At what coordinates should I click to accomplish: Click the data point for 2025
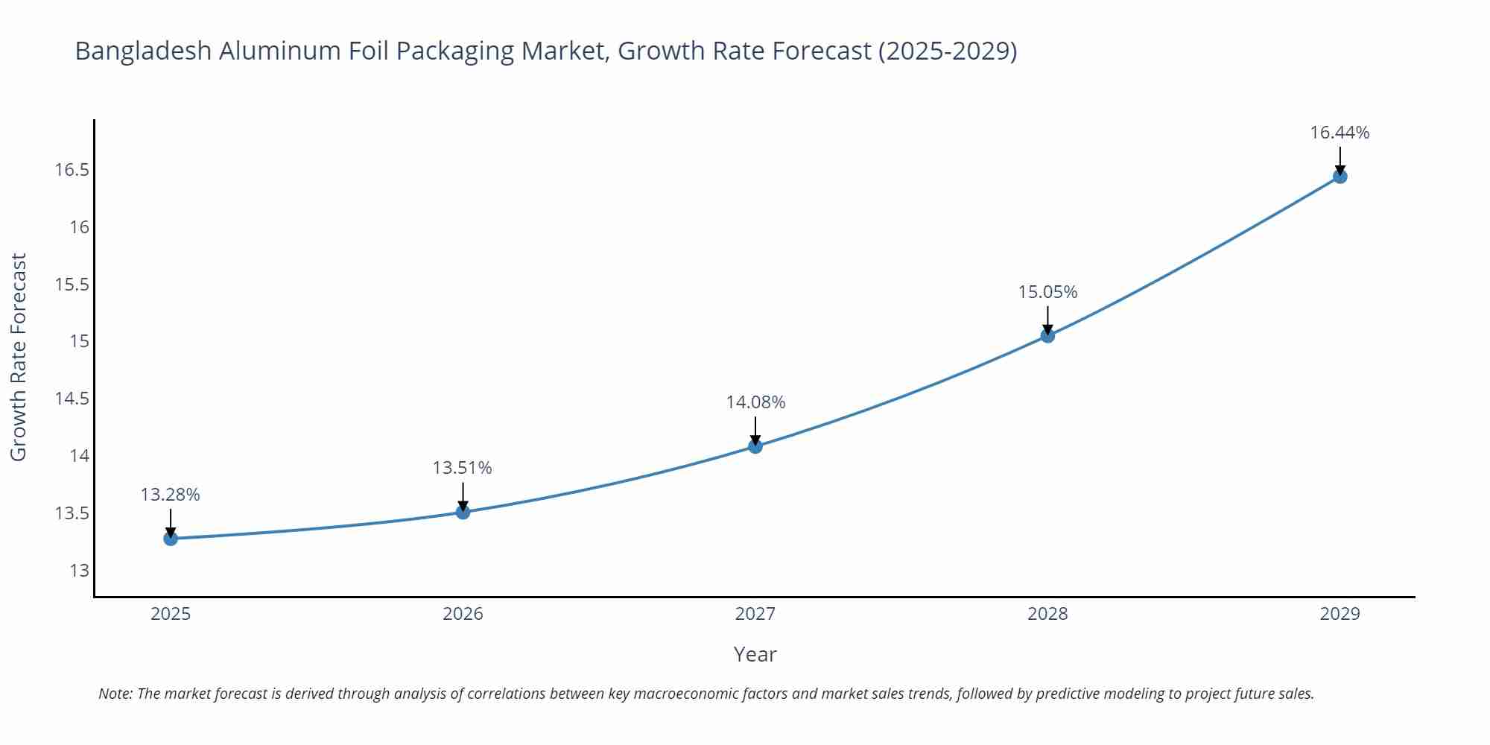[x=171, y=538]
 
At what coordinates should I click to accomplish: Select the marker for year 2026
[x=463, y=512]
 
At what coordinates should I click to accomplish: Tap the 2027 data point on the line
[x=755, y=446]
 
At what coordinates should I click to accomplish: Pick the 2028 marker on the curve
[x=1047, y=335]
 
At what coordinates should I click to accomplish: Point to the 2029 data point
[x=1340, y=177]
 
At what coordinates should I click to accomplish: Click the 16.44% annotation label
[x=1340, y=133]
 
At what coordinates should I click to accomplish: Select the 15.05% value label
[x=1047, y=292]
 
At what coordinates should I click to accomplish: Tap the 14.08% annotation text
[x=755, y=402]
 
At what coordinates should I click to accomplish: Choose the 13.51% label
[x=462, y=468]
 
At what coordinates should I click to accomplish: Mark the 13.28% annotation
[x=170, y=495]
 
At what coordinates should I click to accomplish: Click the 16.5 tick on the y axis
[x=72, y=170]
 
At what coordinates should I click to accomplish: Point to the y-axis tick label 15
[x=79, y=341]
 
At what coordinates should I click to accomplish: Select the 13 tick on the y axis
[x=79, y=571]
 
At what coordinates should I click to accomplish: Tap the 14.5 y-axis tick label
[x=72, y=399]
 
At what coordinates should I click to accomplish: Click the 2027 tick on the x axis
[x=755, y=614]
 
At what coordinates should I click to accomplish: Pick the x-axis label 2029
[x=1340, y=614]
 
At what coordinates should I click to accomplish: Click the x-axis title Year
[x=755, y=654]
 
